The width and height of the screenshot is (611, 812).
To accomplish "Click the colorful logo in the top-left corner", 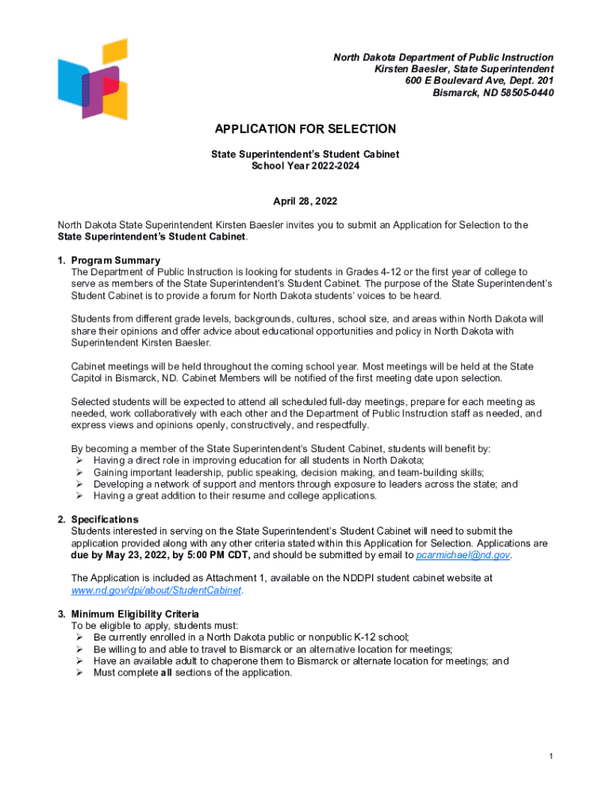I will pyautogui.click(x=93, y=79).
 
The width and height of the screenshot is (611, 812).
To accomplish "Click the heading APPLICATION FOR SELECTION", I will pyautogui.click(x=305, y=129).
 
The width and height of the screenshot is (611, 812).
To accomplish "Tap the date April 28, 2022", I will pyautogui.click(x=305, y=202).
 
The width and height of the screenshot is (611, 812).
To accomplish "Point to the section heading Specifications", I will pyautogui.click(x=105, y=519).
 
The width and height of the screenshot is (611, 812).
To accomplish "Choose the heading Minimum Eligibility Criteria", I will pyautogui.click(x=135, y=614).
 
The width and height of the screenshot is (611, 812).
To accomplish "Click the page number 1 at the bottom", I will pyautogui.click(x=551, y=756).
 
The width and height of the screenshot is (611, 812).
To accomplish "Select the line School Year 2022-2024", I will pyautogui.click(x=305, y=166).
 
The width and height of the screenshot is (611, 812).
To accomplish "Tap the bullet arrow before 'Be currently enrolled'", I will pyautogui.click(x=79, y=638).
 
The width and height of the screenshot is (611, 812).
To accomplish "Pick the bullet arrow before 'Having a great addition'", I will pyautogui.click(x=79, y=496).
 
